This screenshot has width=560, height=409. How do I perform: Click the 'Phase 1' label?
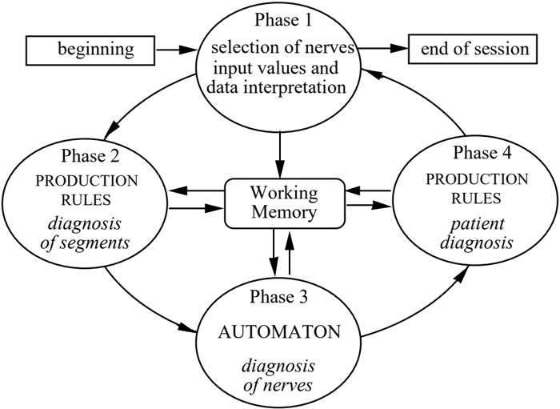(x=283, y=20)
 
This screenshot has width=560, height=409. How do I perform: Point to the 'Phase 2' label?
(x=90, y=156)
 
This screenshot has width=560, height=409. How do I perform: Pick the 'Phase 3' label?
(x=278, y=296)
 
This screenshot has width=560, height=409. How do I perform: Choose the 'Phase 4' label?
(x=482, y=153)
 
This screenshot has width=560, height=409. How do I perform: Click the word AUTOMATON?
(x=280, y=332)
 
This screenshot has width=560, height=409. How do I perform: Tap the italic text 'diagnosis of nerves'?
(x=278, y=375)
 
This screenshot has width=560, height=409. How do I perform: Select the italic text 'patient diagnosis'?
(x=477, y=233)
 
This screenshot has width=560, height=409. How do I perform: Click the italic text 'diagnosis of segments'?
(x=85, y=233)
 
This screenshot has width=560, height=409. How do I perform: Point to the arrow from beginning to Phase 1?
(x=177, y=50)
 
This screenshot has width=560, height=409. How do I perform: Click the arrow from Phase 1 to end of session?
(x=383, y=49)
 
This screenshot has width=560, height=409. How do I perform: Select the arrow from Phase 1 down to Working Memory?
(x=280, y=155)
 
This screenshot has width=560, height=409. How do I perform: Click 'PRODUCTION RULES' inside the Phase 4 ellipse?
(x=477, y=189)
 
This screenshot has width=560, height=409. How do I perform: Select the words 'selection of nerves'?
(x=282, y=47)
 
